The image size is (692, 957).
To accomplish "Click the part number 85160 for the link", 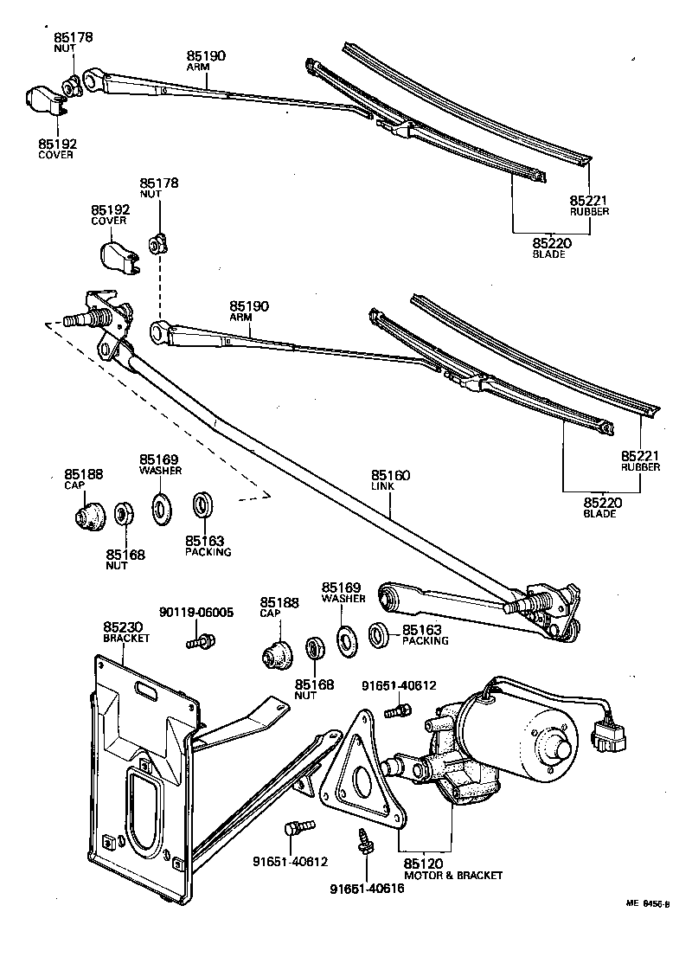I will tap(391, 475).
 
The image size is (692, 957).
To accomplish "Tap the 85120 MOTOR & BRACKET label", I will tap(452, 869).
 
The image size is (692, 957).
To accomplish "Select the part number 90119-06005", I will tap(196, 612).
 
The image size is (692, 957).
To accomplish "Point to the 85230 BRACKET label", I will tap(126, 631).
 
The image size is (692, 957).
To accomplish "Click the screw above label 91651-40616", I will tap(364, 840).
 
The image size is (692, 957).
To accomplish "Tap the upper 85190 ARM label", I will tap(207, 60).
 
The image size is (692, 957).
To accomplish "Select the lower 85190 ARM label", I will tap(249, 311).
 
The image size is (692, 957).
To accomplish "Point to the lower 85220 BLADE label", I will tap(600, 507).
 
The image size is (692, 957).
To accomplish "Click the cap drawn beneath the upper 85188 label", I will tap(87, 516).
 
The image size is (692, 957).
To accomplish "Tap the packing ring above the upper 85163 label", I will tap(202, 504).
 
